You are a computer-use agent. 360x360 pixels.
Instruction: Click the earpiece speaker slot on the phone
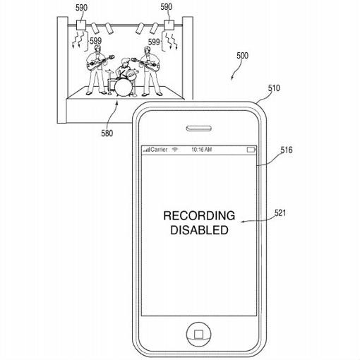click(x=198, y=129)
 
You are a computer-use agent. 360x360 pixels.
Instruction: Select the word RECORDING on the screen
click(x=198, y=215)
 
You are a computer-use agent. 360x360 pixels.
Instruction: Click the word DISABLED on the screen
click(x=198, y=229)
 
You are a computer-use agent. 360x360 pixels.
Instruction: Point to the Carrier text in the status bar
click(x=157, y=150)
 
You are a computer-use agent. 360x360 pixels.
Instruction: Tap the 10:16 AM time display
click(x=201, y=150)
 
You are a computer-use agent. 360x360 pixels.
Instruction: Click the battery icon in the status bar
click(x=251, y=150)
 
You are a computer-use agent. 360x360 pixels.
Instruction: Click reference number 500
click(x=242, y=55)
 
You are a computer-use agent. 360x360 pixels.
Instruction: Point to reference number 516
click(x=287, y=150)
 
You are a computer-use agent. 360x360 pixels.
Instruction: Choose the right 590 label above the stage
click(x=167, y=7)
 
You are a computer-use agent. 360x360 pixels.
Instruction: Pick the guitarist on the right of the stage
click(x=149, y=68)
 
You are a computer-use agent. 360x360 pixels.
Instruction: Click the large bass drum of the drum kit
click(x=124, y=87)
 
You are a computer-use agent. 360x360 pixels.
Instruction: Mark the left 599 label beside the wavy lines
click(x=95, y=41)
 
